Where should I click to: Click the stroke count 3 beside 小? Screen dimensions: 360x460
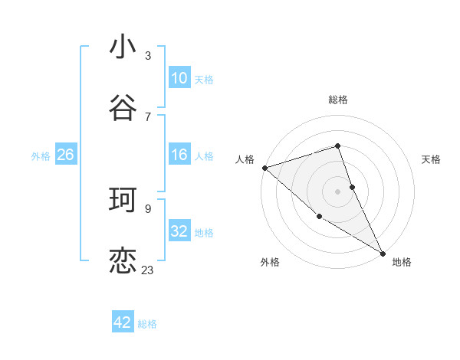click(x=148, y=55)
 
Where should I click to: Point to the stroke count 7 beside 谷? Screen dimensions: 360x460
click(x=148, y=116)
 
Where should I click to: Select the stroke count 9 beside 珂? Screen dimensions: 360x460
click(x=148, y=208)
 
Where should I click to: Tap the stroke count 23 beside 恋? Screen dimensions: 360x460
click(x=148, y=270)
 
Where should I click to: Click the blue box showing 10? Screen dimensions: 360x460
click(x=179, y=77)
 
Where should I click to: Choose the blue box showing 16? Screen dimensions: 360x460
click(x=179, y=155)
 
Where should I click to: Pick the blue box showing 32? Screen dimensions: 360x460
click(x=179, y=231)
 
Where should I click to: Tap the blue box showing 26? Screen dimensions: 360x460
click(x=65, y=155)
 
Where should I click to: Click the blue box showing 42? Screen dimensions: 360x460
click(x=123, y=322)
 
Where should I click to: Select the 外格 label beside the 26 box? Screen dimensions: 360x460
click(x=41, y=156)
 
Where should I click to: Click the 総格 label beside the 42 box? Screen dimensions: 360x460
click(x=147, y=324)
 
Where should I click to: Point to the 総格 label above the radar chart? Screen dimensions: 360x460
click(x=338, y=100)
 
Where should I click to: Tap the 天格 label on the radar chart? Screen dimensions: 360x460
click(x=431, y=159)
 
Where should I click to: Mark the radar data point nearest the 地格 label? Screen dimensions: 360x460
click(x=383, y=252)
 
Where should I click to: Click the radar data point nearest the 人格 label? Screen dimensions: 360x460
click(x=264, y=167)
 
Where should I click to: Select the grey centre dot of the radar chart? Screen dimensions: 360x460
click(x=338, y=191)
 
